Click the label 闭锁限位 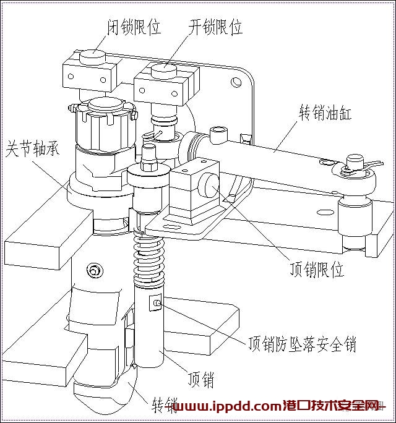tap(134, 27)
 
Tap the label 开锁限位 tap(215, 27)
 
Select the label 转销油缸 tap(325, 112)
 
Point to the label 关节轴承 tap(32, 148)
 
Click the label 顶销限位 tap(317, 268)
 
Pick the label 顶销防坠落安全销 tap(303, 344)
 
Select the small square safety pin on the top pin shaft tap(156, 302)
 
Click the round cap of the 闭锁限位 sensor tap(92, 56)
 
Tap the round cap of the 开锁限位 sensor tap(163, 70)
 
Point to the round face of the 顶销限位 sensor tap(209, 185)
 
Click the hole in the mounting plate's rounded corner tap(236, 82)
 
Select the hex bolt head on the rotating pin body tap(94, 270)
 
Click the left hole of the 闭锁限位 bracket tap(71, 76)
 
